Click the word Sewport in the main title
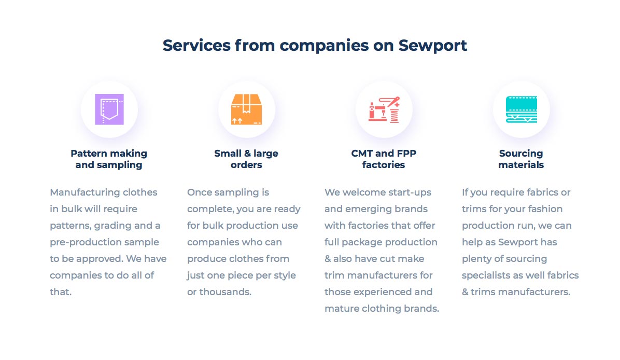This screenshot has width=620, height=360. click(x=432, y=46)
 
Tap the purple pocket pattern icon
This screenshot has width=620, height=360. click(x=109, y=109)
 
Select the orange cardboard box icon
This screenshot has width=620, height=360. click(x=246, y=109)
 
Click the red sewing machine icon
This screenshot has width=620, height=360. click(x=384, y=109)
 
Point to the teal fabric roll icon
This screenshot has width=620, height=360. click(x=521, y=109)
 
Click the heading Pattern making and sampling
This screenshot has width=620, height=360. click(x=109, y=159)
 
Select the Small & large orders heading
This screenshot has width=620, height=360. click(x=246, y=159)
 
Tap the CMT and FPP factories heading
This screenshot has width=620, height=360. click(x=384, y=159)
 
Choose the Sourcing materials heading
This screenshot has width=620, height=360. click(x=521, y=159)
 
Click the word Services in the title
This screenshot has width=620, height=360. click(x=196, y=46)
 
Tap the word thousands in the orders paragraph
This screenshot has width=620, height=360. click(x=225, y=292)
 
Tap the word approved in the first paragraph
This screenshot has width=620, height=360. click(x=99, y=259)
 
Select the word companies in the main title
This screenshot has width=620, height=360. click(x=324, y=46)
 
